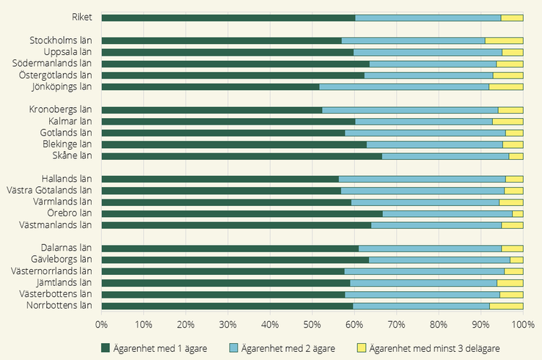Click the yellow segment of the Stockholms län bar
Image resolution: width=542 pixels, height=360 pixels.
pyautogui.click(x=504, y=41)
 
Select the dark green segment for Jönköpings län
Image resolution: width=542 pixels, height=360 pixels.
pyautogui.click(x=210, y=87)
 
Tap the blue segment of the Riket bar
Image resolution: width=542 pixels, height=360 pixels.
pyautogui.click(x=428, y=18)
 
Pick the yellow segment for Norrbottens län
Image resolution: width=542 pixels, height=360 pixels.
pyautogui.click(x=506, y=306)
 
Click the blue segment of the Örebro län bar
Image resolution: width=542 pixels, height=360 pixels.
pyautogui.click(x=447, y=214)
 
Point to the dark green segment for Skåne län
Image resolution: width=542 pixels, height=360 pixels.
pyautogui.click(x=242, y=156)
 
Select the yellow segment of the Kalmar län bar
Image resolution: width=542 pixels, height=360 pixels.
pyautogui.click(x=508, y=122)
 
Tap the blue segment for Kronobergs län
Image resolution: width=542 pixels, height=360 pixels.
pyautogui.click(x=410, y=110)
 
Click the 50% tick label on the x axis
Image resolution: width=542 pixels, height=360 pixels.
pyautogui.click(x=312, y=325)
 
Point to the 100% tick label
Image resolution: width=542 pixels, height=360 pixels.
pyautogui.click(x=523, y=325)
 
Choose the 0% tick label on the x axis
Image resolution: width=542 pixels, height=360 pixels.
pyautogui.click(x=101, y=325)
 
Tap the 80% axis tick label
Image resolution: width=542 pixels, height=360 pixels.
pyautogui.click(x=439, y=325)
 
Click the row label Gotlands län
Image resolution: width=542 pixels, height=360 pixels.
pyautogui.click(x=66, y=133)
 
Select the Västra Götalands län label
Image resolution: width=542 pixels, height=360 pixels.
pyautogui.click(x=49, y=191)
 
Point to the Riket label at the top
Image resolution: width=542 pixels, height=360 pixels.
pyautogui.click(x=82, y=18)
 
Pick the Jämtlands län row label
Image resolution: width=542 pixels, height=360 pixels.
pyautogui.click(x=65, y=282)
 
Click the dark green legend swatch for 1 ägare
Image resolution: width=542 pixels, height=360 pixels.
pyautogui.click(x=106, y=348)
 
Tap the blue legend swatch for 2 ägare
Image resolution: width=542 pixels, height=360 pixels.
pyautogui.click(x=234, y=348)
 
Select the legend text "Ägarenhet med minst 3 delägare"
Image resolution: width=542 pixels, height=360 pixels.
pyautogui.click(x=434, y=348)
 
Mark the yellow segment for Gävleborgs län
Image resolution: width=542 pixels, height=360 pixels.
pyautogui.click(x=517, y=260)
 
